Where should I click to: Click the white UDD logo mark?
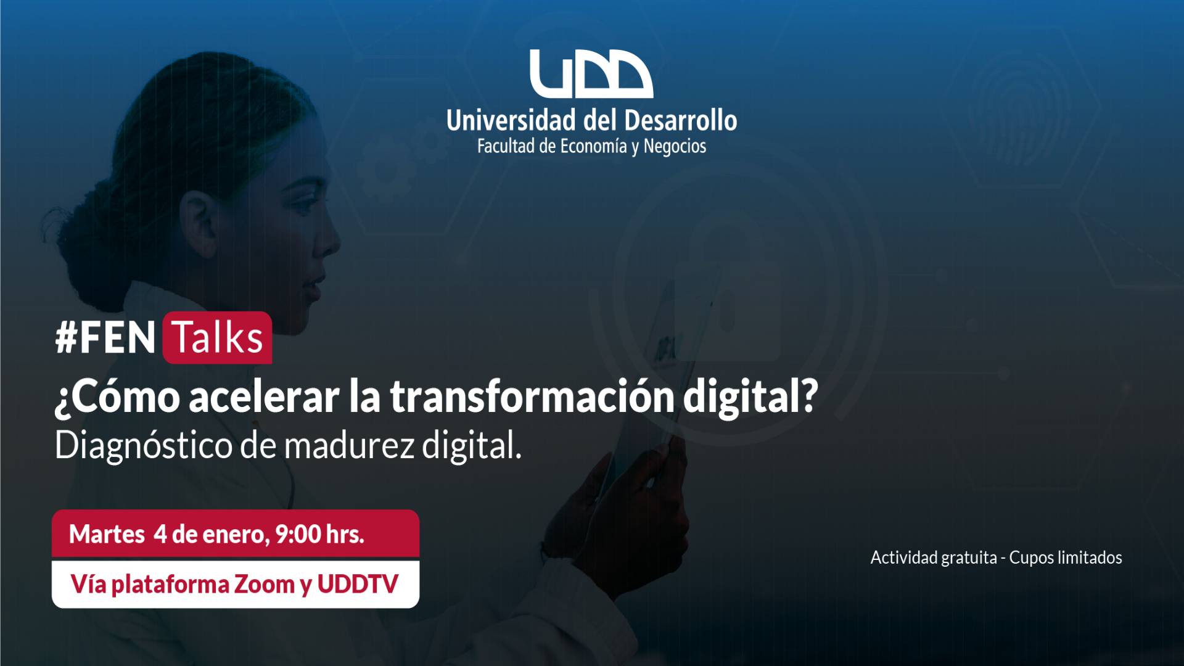coord(591,74)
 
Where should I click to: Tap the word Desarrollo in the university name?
coord(681,120)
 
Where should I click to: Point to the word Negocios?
coord(675,146)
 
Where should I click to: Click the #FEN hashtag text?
coord(105,338)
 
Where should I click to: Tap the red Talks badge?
coord(217,337)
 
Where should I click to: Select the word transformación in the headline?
coord(532,396)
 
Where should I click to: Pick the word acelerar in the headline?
coord(264,397)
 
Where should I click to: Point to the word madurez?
coord(349,445)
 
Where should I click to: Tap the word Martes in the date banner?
coord(107,534)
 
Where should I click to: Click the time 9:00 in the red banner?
coord(298,534)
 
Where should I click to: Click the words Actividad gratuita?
coord(934,558)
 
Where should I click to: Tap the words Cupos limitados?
coord(1066,557)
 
